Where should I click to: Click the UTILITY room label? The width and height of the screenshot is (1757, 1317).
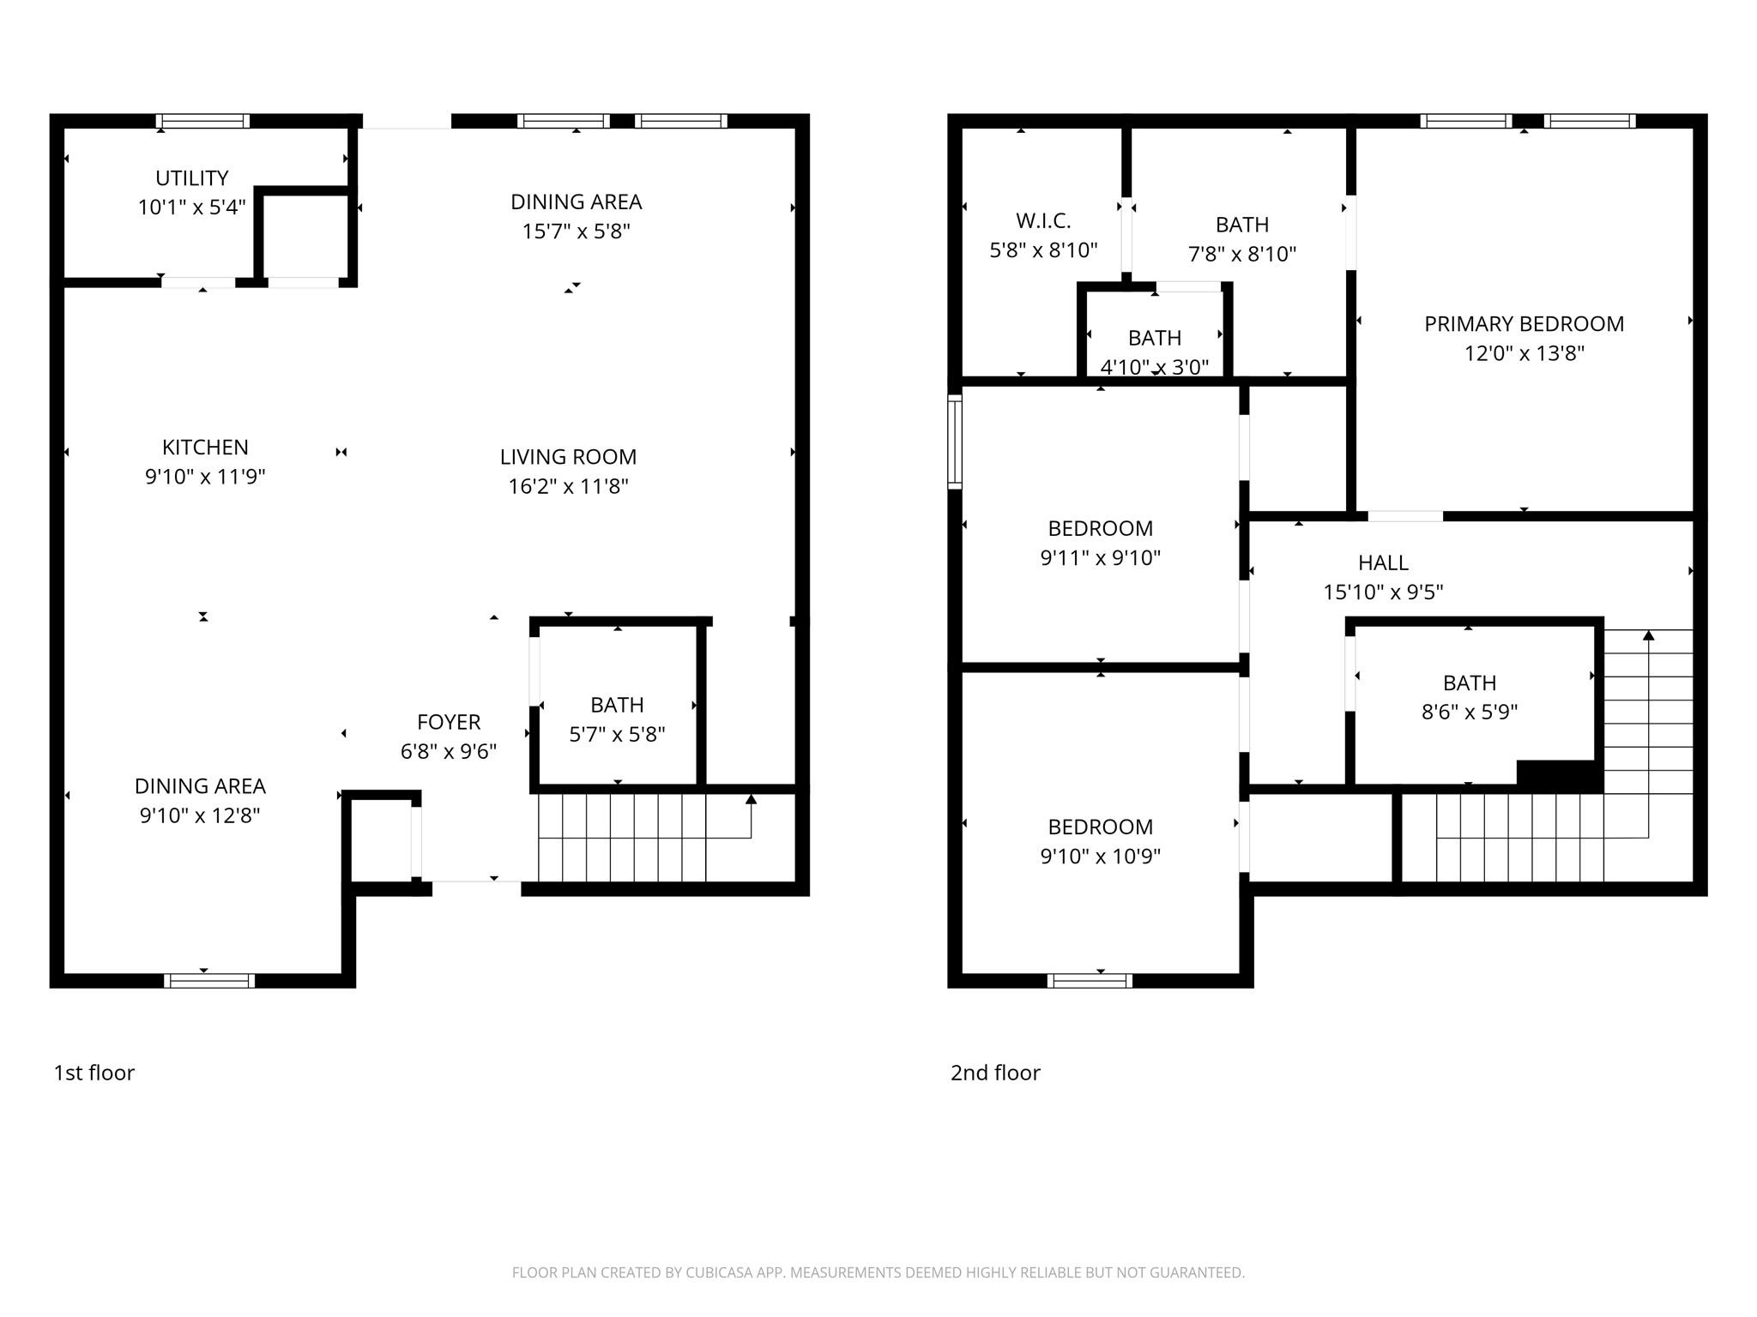191,178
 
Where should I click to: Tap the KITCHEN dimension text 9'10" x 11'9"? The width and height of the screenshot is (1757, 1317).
205,477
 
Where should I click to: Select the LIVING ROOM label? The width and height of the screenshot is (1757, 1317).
568,457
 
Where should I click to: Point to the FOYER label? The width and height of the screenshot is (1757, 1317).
449,722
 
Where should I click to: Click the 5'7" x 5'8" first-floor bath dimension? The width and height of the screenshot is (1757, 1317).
617,734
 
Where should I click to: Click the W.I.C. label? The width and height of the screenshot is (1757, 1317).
1043,221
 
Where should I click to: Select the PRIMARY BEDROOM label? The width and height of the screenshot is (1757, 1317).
1524,324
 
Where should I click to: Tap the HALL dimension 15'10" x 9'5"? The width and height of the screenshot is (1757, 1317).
1383,592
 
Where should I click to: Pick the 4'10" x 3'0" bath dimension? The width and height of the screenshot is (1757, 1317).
1154,367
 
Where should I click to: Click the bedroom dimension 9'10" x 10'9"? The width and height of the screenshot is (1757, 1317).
1100,856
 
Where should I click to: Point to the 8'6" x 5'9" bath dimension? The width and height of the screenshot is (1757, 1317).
1469,712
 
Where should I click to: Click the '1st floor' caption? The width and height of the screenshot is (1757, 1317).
94,1073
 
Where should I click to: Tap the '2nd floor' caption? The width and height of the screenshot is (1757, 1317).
995,1073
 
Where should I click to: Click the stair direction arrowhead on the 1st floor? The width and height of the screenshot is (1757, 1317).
751,799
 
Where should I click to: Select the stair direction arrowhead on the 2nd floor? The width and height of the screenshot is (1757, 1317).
1648,635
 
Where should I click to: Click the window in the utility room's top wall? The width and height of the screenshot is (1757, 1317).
203,121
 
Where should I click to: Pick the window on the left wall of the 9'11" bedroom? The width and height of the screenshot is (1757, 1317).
954,442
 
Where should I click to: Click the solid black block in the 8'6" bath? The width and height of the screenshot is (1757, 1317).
1559,775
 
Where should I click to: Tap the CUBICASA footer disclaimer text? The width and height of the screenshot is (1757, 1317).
878,1272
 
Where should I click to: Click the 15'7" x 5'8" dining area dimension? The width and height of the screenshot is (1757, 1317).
576,232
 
